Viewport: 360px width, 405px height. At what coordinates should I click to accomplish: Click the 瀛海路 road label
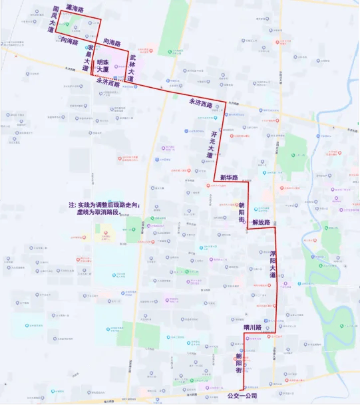(71, 10)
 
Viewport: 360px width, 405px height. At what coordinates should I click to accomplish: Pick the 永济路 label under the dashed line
(108, 84)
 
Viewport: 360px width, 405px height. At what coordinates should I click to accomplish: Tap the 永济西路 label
(204, 102)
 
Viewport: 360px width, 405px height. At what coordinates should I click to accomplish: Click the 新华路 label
(229, 178)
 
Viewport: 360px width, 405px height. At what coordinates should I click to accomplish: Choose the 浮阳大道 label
(272, 263)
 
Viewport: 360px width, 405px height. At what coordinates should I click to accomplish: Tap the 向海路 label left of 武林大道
(112, 43)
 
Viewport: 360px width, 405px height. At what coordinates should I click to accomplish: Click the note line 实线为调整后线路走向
(103, 205)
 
